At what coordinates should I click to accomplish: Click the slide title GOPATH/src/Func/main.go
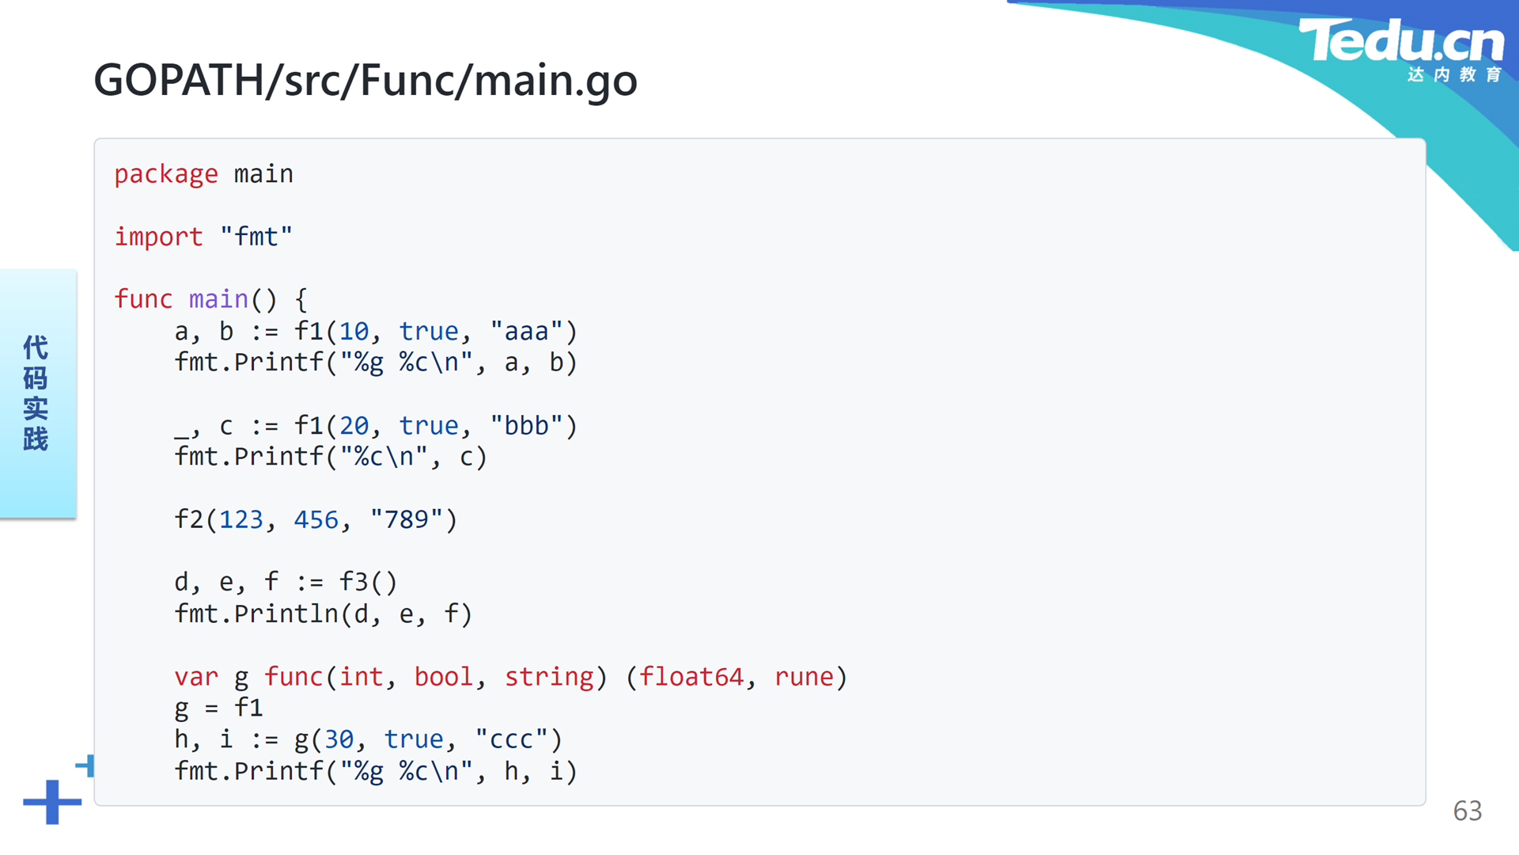pyautogui.click(x=366, y=81)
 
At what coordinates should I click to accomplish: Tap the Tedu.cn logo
pyautogui.click(x=1401, y=49)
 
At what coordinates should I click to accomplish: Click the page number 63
pyautogui.click(x=1468, y=811)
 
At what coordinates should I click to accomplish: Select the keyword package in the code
pyautogui.click(x=166, y=174)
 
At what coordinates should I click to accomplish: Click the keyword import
pyautogui.click(x=158, y=237)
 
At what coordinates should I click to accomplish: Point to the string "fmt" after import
pyautogui.click(x=256, y=236)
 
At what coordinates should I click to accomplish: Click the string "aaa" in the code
pyautogui.click(x=526, y=330)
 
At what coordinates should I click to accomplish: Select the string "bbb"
pyautogui.click(x=526, y=425)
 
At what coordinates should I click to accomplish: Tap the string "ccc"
pyautogui.click(x=511, y=739)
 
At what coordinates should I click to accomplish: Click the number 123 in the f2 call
pyautogui.click(x=241, y=519)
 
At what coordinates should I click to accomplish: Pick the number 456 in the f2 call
pyautogui.click(x=316, y=519)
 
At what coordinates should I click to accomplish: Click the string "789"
pyautogui.click(x=406, y=519)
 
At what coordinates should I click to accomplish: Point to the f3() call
pyautogui.click(x=368, y=583)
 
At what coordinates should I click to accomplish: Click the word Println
pyautogui.click(x=286, y=614)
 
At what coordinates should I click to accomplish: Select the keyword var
pyautogui.click(x=196, y=677)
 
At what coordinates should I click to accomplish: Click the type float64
pyautogui.click(x=691, y=677)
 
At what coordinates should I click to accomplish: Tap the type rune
pyautogui.click(x=804, y=677)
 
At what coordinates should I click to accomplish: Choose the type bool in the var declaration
pyautogui.click(x=443, y=677)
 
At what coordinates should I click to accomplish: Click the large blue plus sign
pyautogui.click(x=52, y=802)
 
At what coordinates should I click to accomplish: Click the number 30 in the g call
pyautogui.click(x=339, y=739)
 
